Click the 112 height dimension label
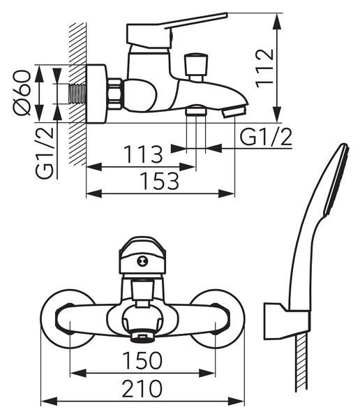(x=264, y=68)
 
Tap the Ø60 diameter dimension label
(x=22, y=93)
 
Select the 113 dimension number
(x=144, y=154)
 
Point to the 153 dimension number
(x=160, y=181)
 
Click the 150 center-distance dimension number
(x=142, y=360)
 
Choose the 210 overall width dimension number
(x=142, y=388)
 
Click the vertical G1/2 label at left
(x=45, y=152)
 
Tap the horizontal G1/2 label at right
(x=266, y=137)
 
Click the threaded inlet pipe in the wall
(x=77, y=94)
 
